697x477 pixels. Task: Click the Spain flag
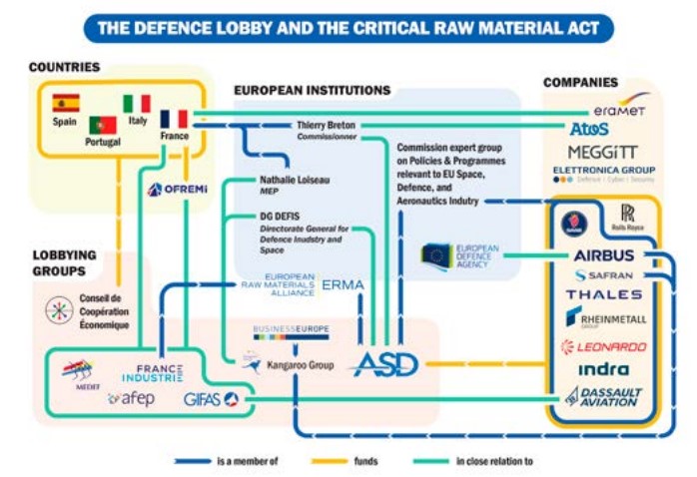(x=66, y=103)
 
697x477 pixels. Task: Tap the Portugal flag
(x=103, y=126)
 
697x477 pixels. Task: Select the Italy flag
(x=137, y=104)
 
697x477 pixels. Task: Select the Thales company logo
(x=603, y=294)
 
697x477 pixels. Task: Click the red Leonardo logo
(x=603, y=346)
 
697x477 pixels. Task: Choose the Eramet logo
(x=620, y=113)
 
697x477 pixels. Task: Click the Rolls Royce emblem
(x=627, y=214)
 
